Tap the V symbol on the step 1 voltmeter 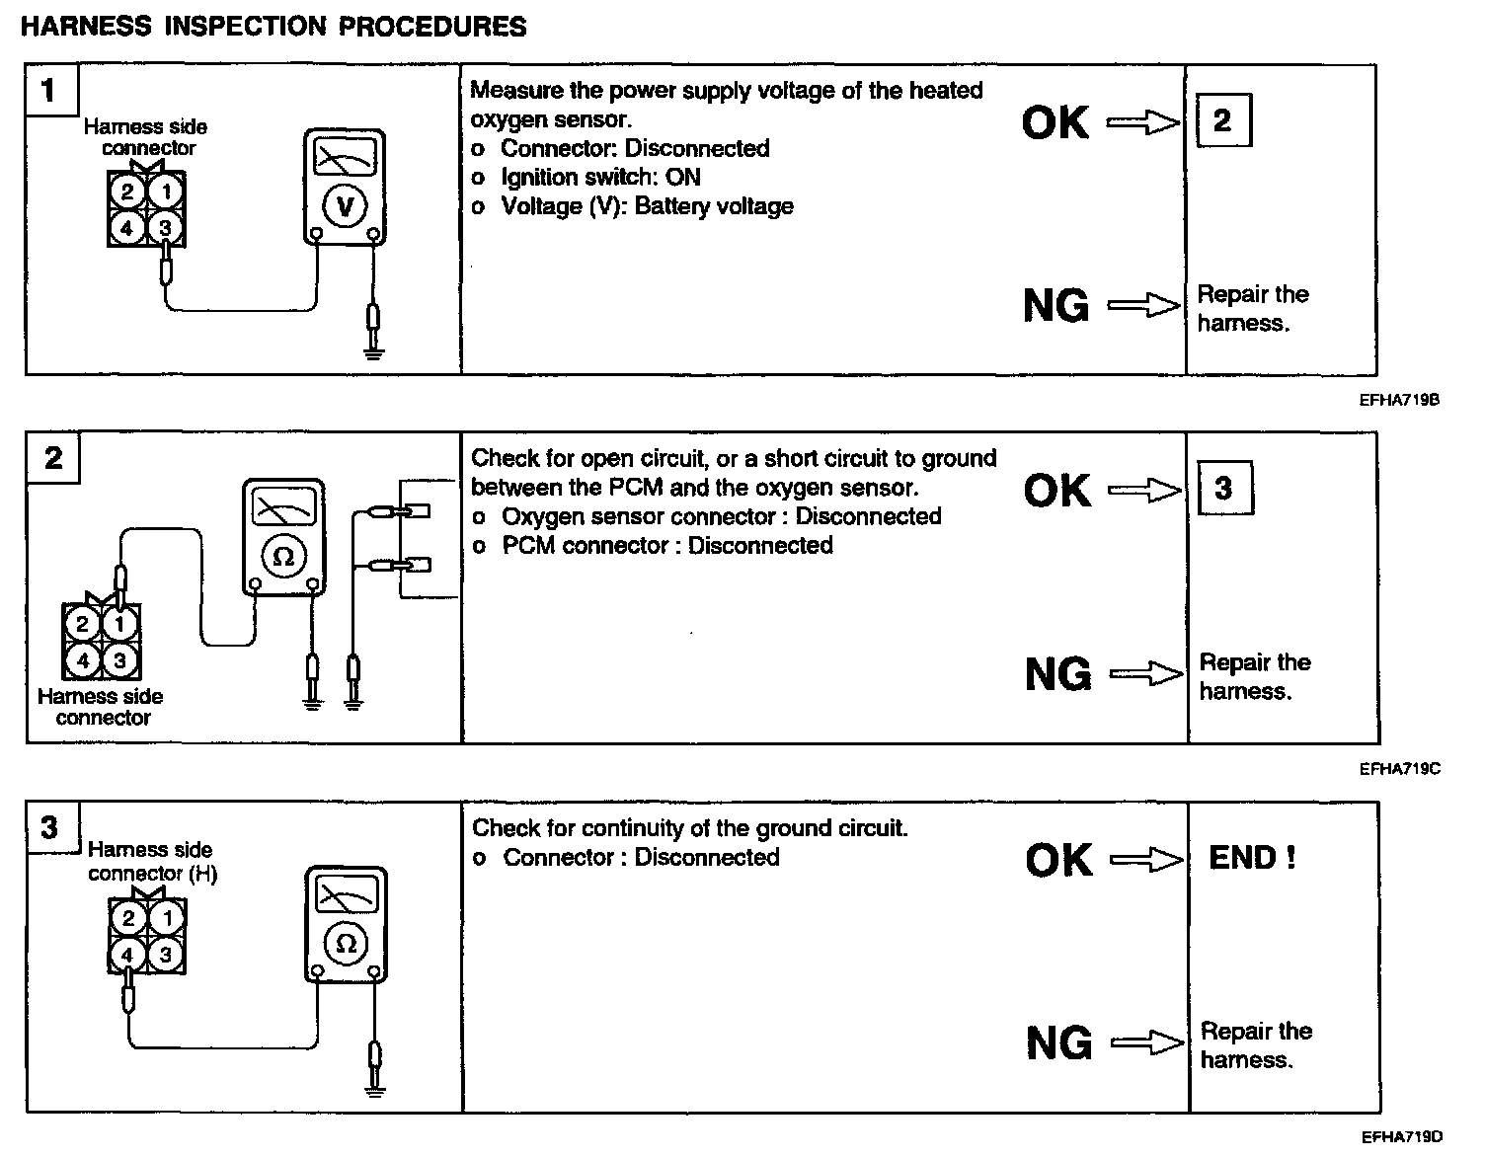click(x=345, y=206)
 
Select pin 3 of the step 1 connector click(x=165, y=229)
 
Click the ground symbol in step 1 click(x=372, y=349)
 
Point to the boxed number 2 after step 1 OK click(x=1222, y=121)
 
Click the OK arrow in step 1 click(x=1143, y=123)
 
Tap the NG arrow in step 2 click(x=1145, y=674)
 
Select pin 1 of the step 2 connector click(x=120, y=624)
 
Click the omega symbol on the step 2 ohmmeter click(x=283, y=557)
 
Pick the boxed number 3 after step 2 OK click(x=1223, y=489)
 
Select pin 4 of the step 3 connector click(x=127, y=955)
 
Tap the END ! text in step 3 click(x=1252, y=858)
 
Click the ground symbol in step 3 click(x=374, y=1089)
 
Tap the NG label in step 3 click(x=1058, y=1042)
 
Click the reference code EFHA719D click(x=1400, y=1137)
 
